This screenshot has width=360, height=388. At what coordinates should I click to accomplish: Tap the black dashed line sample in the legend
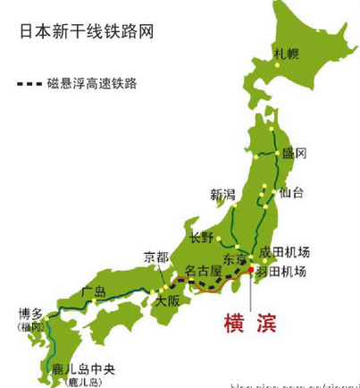coord(35,85)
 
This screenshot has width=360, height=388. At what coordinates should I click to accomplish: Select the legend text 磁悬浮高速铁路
coord(102,85)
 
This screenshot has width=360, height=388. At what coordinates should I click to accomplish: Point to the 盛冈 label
coord(295,154)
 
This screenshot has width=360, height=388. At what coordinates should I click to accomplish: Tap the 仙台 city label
coord(291,192)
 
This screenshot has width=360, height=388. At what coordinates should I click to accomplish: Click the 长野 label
coord(202,237)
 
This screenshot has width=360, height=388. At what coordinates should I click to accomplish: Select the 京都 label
coord(155,257)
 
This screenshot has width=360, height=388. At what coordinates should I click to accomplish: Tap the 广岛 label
coord(94,291)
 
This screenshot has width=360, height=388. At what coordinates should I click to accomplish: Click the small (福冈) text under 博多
coord(30,328)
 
